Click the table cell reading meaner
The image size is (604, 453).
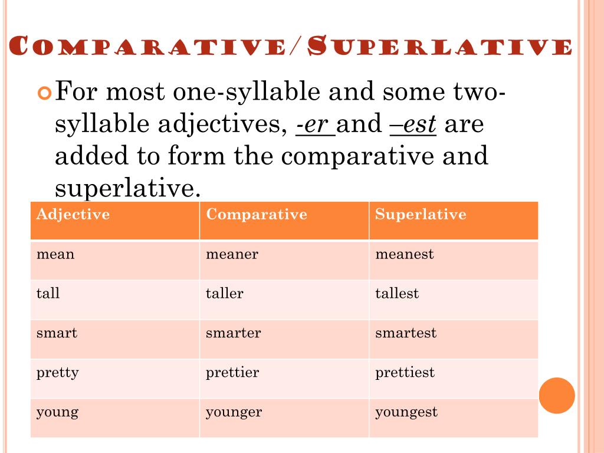[232, 255]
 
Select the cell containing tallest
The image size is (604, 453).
[397, 294]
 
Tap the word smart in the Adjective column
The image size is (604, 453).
[57, 333]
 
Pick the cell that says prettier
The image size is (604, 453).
[232, 373]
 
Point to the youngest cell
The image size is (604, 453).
[406, 412]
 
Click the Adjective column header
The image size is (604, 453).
[73, 214]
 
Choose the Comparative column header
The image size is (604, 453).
[257, 214]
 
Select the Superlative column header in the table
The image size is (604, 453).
[421, 214]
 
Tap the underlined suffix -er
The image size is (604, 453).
[316, 124]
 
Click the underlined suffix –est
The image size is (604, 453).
[413, 124]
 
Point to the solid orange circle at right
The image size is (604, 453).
[557, 395]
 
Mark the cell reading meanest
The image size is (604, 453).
[404, 255]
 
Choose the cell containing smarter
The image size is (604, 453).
[233, 333]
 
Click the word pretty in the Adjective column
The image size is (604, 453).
[57, 373]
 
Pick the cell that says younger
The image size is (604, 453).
[234, 412]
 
